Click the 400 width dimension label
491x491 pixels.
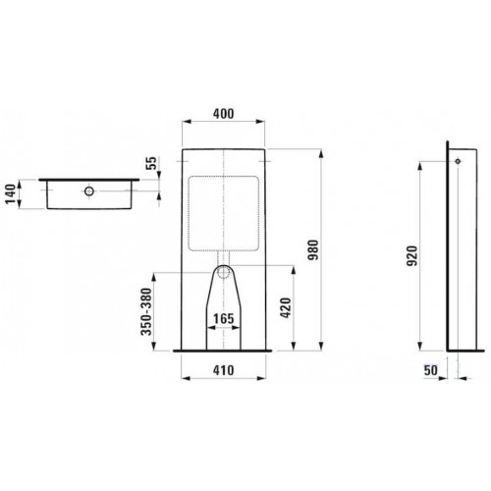[224, 114]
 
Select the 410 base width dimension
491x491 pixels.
[224, 370]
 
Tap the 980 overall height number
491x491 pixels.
[313, 249]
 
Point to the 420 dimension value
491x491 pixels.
[286, 307]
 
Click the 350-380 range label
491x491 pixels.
[146, 311]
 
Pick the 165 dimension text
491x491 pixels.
[224, 318]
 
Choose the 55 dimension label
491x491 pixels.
[151, 163]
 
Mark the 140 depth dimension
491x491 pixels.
[11, 194]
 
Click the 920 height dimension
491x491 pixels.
[412, 255]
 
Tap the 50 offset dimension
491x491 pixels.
[431, 370]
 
